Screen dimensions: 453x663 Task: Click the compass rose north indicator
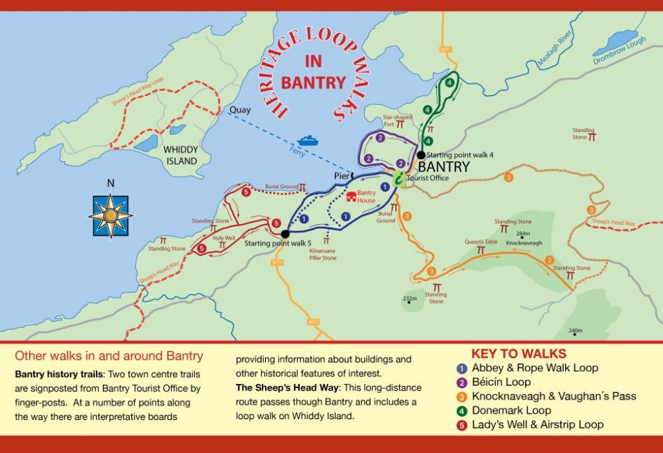coord(110,215)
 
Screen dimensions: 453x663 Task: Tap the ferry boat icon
coord(308,140)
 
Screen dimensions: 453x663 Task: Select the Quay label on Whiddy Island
coord(240,110)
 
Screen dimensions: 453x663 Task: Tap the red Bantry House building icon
coord(351,197)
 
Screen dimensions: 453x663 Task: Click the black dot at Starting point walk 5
coord(285,234)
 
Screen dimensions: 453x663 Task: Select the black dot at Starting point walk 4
coord(421,155)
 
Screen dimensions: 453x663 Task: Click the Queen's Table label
coord(480,242)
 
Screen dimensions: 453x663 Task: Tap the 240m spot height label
coord(576,330)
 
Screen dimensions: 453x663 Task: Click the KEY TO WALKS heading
coord(518,354)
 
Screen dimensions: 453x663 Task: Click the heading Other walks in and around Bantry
coord(109,356)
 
